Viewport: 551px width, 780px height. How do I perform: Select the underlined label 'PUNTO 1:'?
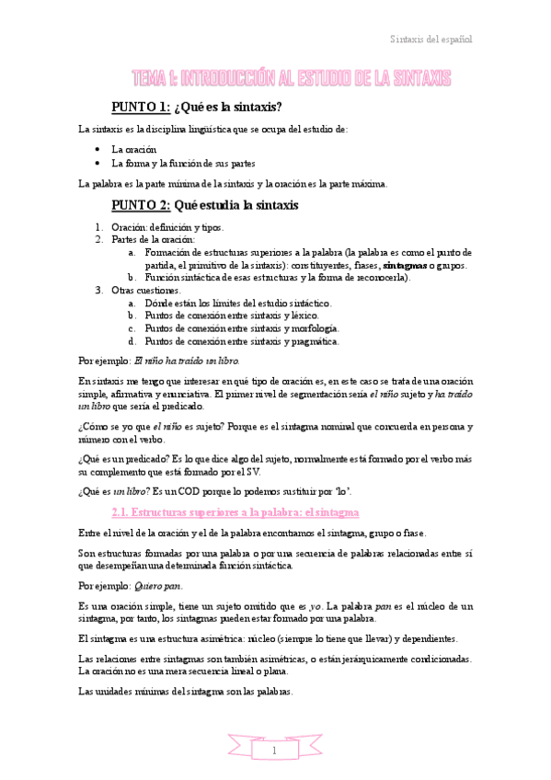[140, 107]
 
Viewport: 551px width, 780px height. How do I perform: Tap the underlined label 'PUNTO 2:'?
[140, 204]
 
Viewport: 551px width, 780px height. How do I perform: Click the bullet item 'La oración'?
[134, 149]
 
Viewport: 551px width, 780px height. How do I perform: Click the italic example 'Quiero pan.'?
[157, 585]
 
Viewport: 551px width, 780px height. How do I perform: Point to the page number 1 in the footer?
[275, 751]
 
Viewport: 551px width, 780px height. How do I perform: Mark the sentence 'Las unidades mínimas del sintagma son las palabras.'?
[186, 692]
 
